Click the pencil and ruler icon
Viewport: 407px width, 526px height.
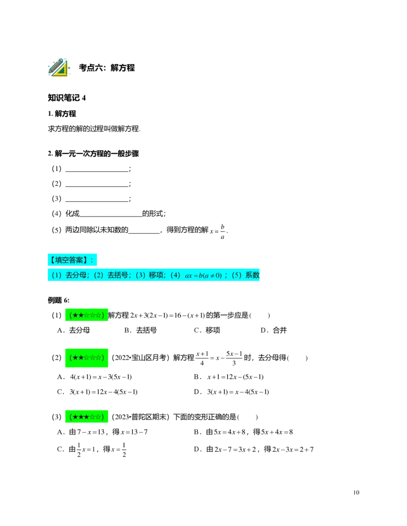tap(59, 67)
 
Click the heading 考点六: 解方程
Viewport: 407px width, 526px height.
tap(107, 68)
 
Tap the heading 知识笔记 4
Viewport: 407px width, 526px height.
tap(67, 98)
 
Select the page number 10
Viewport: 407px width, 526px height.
tap(356, 492)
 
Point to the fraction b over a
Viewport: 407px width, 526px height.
tap(222, 231)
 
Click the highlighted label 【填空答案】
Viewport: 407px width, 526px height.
tap(72, 260)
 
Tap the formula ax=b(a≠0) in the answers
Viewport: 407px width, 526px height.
tap(203, 275)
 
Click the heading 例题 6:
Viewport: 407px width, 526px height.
tap(59, 300)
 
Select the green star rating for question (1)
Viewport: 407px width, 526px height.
tap(86, 315)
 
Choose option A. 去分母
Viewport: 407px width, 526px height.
tap(73, 330)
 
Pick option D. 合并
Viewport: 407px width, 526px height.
tap(274, 330)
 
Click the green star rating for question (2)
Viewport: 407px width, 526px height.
tap(86, 358)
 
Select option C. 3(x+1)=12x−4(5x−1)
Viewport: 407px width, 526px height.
tap(97, 392)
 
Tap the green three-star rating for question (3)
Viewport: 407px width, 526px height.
tap(86, 417)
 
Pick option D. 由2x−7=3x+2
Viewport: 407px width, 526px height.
tap(253, 449)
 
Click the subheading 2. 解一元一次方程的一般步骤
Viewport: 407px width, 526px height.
tap(93, 153)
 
